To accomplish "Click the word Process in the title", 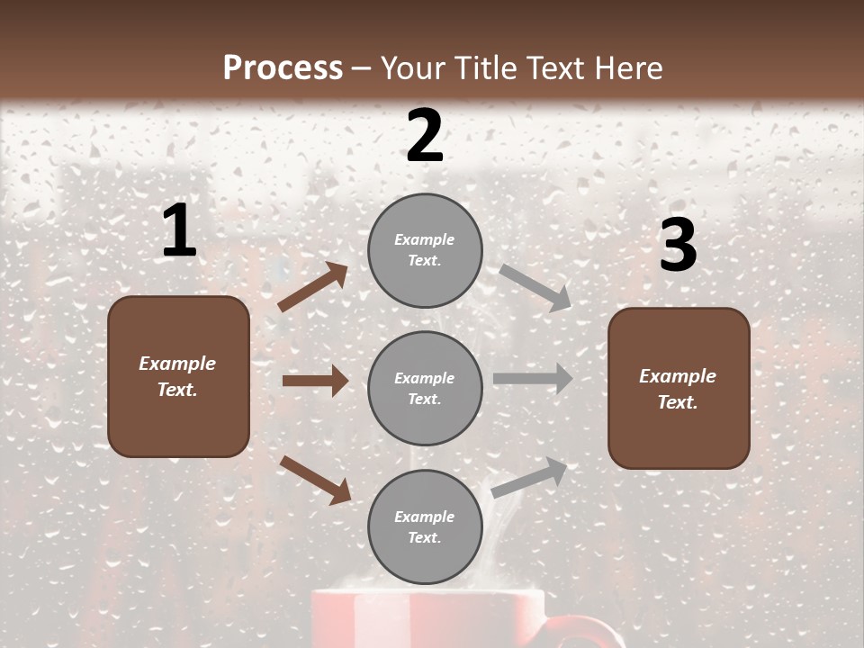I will click(x=283, y=67).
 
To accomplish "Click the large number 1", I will click(x=179, y=231).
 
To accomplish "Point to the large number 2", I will click(x=425, y=136).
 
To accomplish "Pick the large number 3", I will click(x=678, y=245).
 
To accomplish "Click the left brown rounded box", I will click(x=178, y=376).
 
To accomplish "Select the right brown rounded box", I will click(x=679, y=389).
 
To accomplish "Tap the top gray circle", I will click(x=425, y=250).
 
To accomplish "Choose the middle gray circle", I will click(x=425, y=388).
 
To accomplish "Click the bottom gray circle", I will click(x=425, y=526).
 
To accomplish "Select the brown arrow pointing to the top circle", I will click(x=313, y=286).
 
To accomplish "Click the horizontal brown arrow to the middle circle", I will click(x=315, y=381).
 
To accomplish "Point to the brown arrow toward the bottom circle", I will click(x=316, y=479).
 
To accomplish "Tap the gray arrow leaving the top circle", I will click(x=535, y=287).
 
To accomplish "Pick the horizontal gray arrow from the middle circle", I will click(x=533, y=378).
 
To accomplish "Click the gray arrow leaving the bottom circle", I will click(x=530, y=476).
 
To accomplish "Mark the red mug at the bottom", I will click(x=427, y=620).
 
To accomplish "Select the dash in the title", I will click(x=361, y=68).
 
